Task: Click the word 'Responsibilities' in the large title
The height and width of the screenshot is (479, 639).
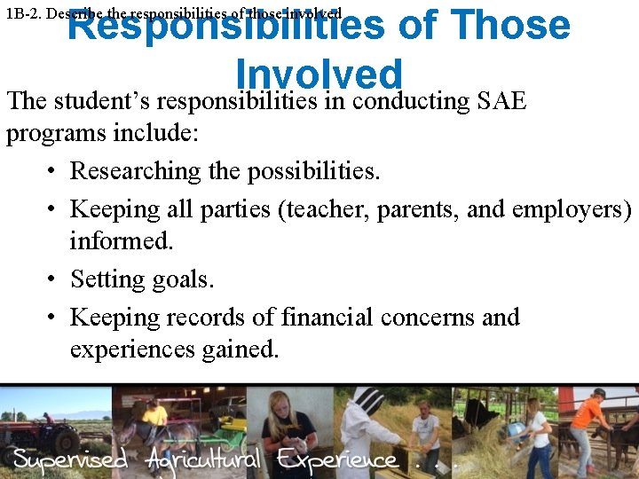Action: coord(226,27)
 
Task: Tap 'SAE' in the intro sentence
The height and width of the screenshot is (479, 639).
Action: coord(501,101)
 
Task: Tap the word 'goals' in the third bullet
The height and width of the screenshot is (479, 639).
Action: coord(183,279)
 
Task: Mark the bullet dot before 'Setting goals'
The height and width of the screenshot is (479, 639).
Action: coord(53,279)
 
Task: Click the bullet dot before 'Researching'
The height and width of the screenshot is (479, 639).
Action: coord(53,170)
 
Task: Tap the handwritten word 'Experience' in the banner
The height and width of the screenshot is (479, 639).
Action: coord(336,459)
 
